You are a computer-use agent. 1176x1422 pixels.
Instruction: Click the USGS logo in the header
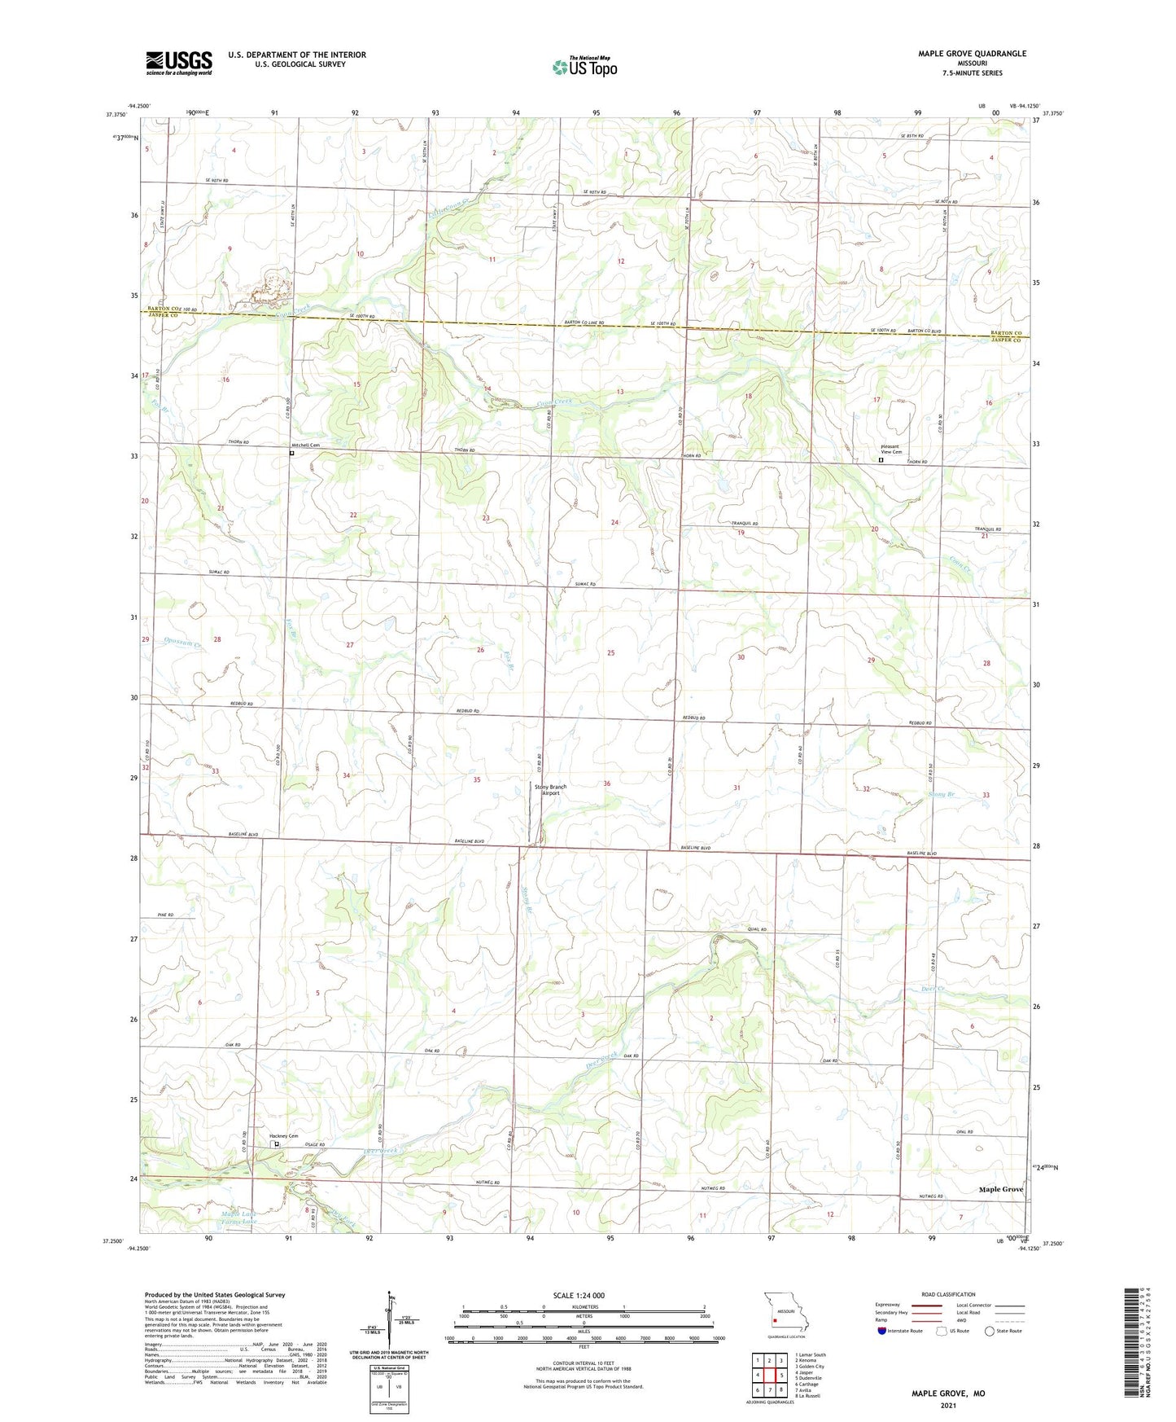click(179, 63)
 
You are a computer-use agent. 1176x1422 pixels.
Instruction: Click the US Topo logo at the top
click(584, 67)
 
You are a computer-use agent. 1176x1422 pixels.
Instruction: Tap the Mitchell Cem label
click(306, 445)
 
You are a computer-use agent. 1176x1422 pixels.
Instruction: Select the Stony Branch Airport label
click(550, 789)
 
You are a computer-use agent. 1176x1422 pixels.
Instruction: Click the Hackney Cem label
click(284, 1136)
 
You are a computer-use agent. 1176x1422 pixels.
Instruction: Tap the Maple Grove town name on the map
click(1001, 1189)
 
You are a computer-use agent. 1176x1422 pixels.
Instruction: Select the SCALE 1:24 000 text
click(579, 1296)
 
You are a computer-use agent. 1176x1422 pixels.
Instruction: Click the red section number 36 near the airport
click(606, 783)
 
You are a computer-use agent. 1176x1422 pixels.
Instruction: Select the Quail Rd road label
click(757, 929)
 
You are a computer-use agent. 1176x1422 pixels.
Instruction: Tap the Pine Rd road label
click(166, 916)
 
